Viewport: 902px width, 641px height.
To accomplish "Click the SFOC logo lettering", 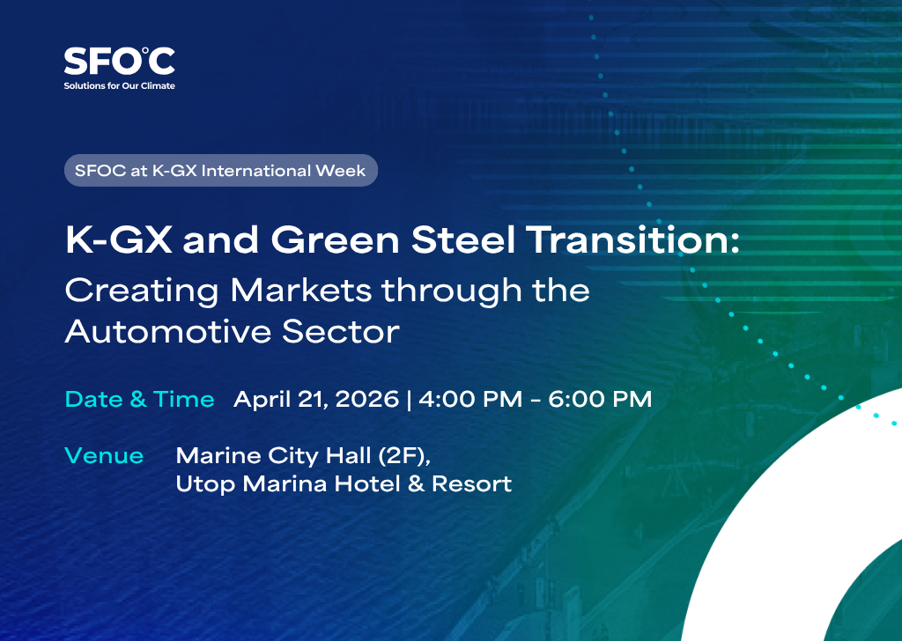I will [119, 62].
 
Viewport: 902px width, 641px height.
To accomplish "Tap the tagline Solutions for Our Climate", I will [119, 85].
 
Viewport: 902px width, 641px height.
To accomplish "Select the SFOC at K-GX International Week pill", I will [220, 170].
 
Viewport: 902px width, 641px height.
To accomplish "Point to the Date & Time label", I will [140, 399].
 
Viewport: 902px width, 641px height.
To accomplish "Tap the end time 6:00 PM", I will [600, 399].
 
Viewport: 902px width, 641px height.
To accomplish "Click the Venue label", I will [104, 455].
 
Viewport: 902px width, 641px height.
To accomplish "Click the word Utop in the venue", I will [204, 484].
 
